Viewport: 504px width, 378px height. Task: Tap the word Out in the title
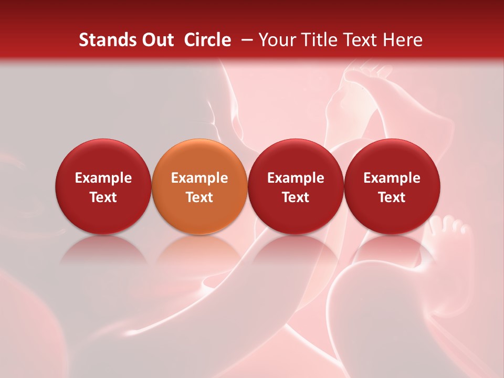[156, 40]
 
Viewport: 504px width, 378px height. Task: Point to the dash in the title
[245, 40]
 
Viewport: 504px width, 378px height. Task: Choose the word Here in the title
[403, 40]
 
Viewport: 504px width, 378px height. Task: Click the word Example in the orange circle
[199, 178]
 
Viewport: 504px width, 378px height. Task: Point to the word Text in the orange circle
[199, 197]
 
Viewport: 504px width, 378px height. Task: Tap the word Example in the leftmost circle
[103, 178]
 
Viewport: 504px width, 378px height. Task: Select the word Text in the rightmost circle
[392, 197]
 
